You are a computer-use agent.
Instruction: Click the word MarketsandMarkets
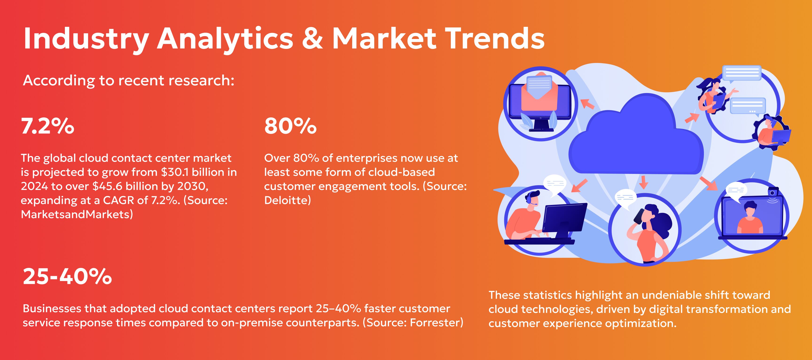(x=75, y=214)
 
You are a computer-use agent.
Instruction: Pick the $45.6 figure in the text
(x=107, y=186)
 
